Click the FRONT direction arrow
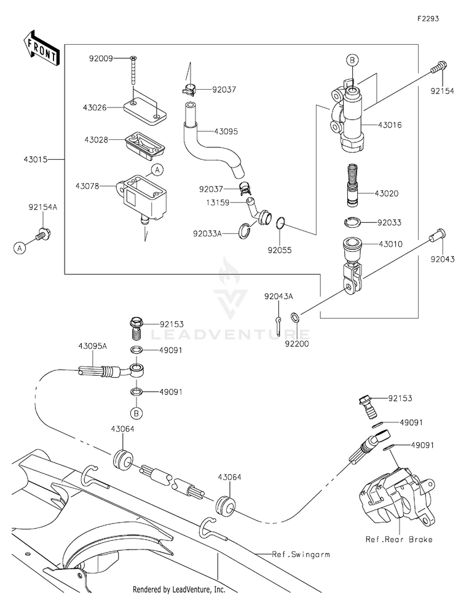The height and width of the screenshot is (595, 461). [41, 48]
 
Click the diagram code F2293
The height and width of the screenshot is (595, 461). [428, 18]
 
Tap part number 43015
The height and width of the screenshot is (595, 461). [35, 160]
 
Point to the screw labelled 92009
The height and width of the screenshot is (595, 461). [133, 71]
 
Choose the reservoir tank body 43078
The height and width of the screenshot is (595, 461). [141, 198]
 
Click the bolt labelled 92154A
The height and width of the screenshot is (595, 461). [42, 233]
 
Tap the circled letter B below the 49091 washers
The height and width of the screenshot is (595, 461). [136, 413]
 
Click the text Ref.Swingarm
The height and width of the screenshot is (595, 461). [301, 554]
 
